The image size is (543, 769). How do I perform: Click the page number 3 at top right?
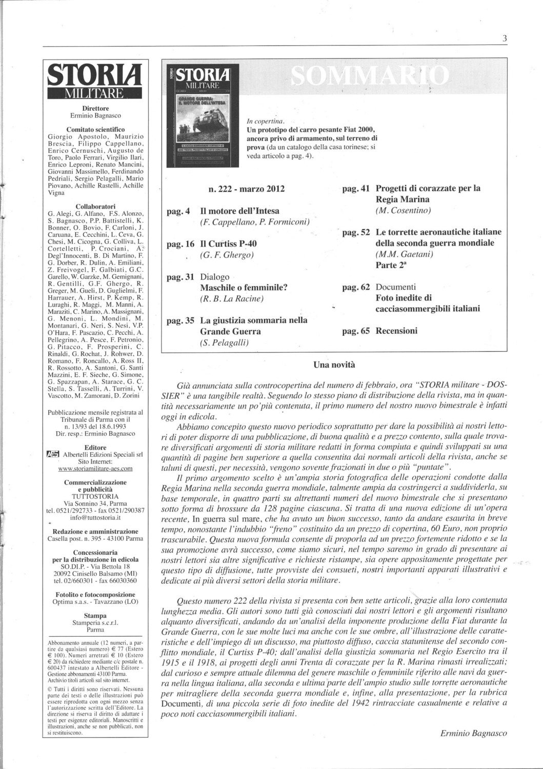(505, 38)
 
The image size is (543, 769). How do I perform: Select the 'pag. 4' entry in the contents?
(179, 211)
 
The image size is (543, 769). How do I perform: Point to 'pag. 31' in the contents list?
(181, 277)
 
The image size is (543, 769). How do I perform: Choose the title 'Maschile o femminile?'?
(244, 288)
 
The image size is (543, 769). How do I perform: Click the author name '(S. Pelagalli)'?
(225, 343)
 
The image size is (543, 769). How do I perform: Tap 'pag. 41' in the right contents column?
(355, 189)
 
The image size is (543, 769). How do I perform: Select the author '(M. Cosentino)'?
(403, 211)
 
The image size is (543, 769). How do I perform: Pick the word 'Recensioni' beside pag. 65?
(396, 331)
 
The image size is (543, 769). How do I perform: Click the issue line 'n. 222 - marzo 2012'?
(247, 189)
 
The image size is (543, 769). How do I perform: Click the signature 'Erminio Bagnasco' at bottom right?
(473, 733)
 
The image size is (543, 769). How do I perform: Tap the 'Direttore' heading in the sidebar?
(95, 108)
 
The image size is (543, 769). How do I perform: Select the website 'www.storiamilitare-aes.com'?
(95, 468)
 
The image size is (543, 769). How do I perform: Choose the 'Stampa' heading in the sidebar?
(95, 615)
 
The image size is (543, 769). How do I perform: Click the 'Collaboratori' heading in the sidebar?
(95, 206)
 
